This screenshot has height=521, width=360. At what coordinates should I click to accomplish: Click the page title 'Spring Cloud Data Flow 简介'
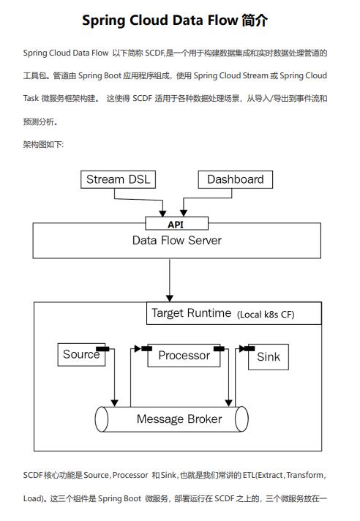pos(179,20)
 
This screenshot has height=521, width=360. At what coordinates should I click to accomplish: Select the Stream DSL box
pos(116,180)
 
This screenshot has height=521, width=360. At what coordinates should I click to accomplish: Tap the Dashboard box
pos(235,180)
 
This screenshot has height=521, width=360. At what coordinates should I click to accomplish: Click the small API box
pos(176,224)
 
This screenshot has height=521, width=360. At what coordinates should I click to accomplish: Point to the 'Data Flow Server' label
pos(176,240)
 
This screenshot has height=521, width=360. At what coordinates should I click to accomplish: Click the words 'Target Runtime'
pos(191,313)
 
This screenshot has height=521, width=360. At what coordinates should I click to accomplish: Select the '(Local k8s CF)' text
pos(277,315)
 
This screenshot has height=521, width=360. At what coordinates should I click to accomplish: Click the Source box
pos(81,355)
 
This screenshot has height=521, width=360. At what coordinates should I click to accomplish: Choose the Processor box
pos(184,356)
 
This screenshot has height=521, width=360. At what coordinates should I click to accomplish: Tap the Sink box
pos(268,357)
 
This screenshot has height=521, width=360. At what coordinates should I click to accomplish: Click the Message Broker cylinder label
pos(179,419)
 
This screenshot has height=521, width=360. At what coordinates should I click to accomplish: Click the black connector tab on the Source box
pos(103,348)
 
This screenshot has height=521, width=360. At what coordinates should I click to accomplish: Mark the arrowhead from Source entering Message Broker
pos(114,402)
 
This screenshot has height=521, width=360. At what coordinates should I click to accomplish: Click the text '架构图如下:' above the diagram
pos(43,145)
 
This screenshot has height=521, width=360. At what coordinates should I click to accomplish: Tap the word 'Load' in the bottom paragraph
pos(33,498)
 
